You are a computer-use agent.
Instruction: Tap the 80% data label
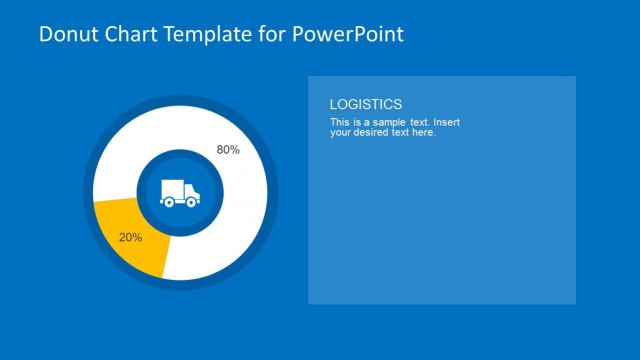(x=228, y=150)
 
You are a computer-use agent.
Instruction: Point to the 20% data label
(x=130, y=238)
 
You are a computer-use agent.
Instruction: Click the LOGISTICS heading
(x=366, y=104)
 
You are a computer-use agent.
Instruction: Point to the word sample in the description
(x=385, y=122)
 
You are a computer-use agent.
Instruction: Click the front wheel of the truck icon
(x=190, y=202)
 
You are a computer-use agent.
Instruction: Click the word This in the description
(x=339, y=122)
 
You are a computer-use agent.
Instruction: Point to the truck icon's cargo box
(x=173, y=190)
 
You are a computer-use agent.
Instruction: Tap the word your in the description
(x=340, y=132)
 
